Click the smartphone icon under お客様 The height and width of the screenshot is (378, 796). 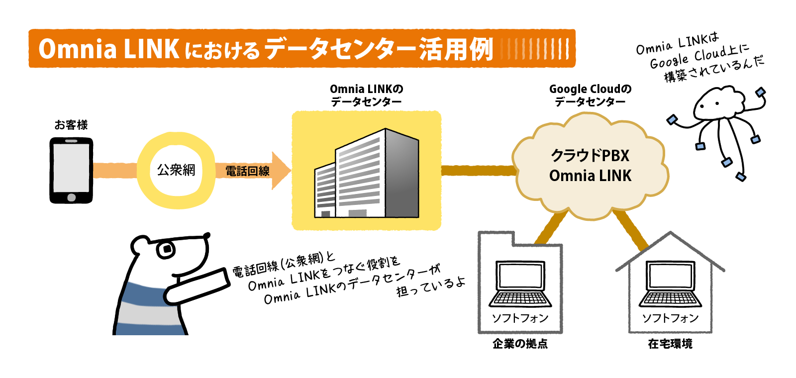(x=71, y=170)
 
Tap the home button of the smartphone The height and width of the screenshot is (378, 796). (x=71, y=197)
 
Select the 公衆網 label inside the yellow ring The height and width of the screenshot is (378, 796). (x=176, y=170)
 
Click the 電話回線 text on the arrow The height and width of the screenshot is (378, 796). (x=247, y=171)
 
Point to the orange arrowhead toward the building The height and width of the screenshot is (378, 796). (x=281, y=171)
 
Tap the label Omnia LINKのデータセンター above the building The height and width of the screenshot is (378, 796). (x=367, y=95)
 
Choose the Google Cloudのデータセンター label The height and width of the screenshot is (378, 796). (x=590, y=95)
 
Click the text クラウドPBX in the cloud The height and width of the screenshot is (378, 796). (x=590, y=156)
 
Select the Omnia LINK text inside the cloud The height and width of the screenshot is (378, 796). (x=590, y=176)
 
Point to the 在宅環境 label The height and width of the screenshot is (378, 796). (x=670, y=344)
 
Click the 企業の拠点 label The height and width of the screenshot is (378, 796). (x=520, y=344)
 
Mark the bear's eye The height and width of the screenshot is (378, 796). (x=166, y=249)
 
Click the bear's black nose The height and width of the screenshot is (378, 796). (x=206, y=235)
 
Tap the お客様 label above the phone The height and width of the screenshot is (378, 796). (x=71, y=125)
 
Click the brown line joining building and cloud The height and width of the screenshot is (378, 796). (x=478, y=171)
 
